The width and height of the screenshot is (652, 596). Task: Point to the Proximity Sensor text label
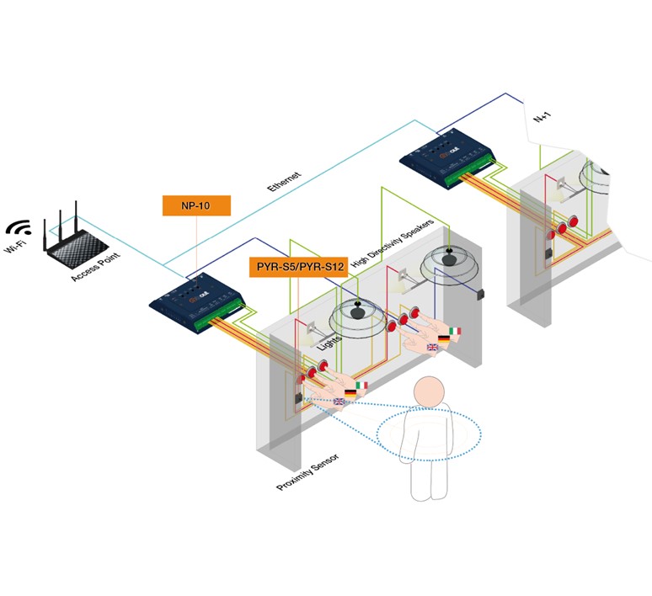(307, 476)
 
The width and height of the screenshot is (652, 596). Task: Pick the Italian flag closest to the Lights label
(361, 386)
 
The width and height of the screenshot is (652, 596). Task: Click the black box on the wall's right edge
(483, 294)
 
